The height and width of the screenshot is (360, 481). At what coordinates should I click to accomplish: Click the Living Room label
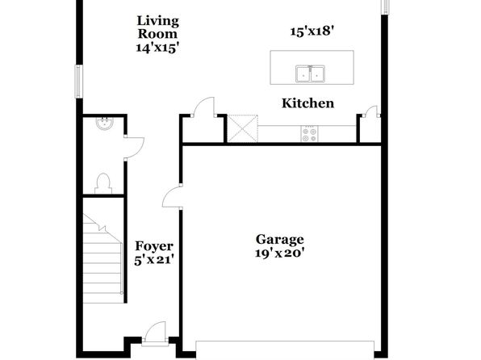tap(157, 27)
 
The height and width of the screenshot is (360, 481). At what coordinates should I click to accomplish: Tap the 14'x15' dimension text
tap(157, 48)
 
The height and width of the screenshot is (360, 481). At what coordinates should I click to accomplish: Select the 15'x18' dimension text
tap(312, 31)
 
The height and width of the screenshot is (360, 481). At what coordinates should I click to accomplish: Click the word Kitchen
tap(307, 103)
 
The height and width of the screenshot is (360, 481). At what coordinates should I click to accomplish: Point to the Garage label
tap(280, 240)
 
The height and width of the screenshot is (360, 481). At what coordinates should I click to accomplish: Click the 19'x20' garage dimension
tap(280, 253)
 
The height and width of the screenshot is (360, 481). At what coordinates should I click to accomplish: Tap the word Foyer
tap(154, 246)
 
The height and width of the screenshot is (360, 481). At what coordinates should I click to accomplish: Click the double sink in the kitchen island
tap(310, 73)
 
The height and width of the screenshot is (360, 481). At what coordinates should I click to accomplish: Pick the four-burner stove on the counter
tap(309, 135)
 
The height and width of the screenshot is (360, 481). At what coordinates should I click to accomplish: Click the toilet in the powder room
tap(103, 183)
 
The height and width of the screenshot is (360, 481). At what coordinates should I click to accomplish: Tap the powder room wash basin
tap(105, 123)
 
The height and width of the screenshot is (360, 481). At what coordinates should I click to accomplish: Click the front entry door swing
tap(156, 333)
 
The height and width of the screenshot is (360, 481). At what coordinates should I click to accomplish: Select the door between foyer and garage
tap(172, 197)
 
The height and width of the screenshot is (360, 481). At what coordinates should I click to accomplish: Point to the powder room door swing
tap(134, 148)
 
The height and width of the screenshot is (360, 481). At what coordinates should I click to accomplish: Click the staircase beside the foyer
tap(102, 258)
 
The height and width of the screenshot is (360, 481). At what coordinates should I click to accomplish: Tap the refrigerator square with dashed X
tap(242, 128)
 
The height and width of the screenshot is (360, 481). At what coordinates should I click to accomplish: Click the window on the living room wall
tap(79, 82)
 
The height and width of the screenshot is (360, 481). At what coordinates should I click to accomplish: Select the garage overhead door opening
tap(285, 350)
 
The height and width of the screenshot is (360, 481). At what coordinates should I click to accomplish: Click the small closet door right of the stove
tap(370, 111)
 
